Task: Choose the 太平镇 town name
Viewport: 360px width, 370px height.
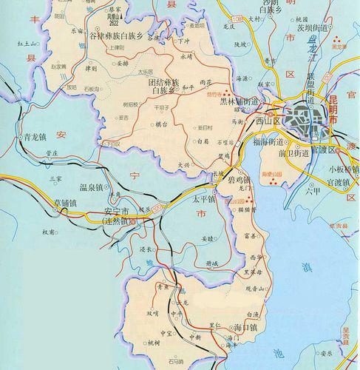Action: [202, 200]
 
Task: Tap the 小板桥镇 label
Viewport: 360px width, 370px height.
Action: [343, 169]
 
